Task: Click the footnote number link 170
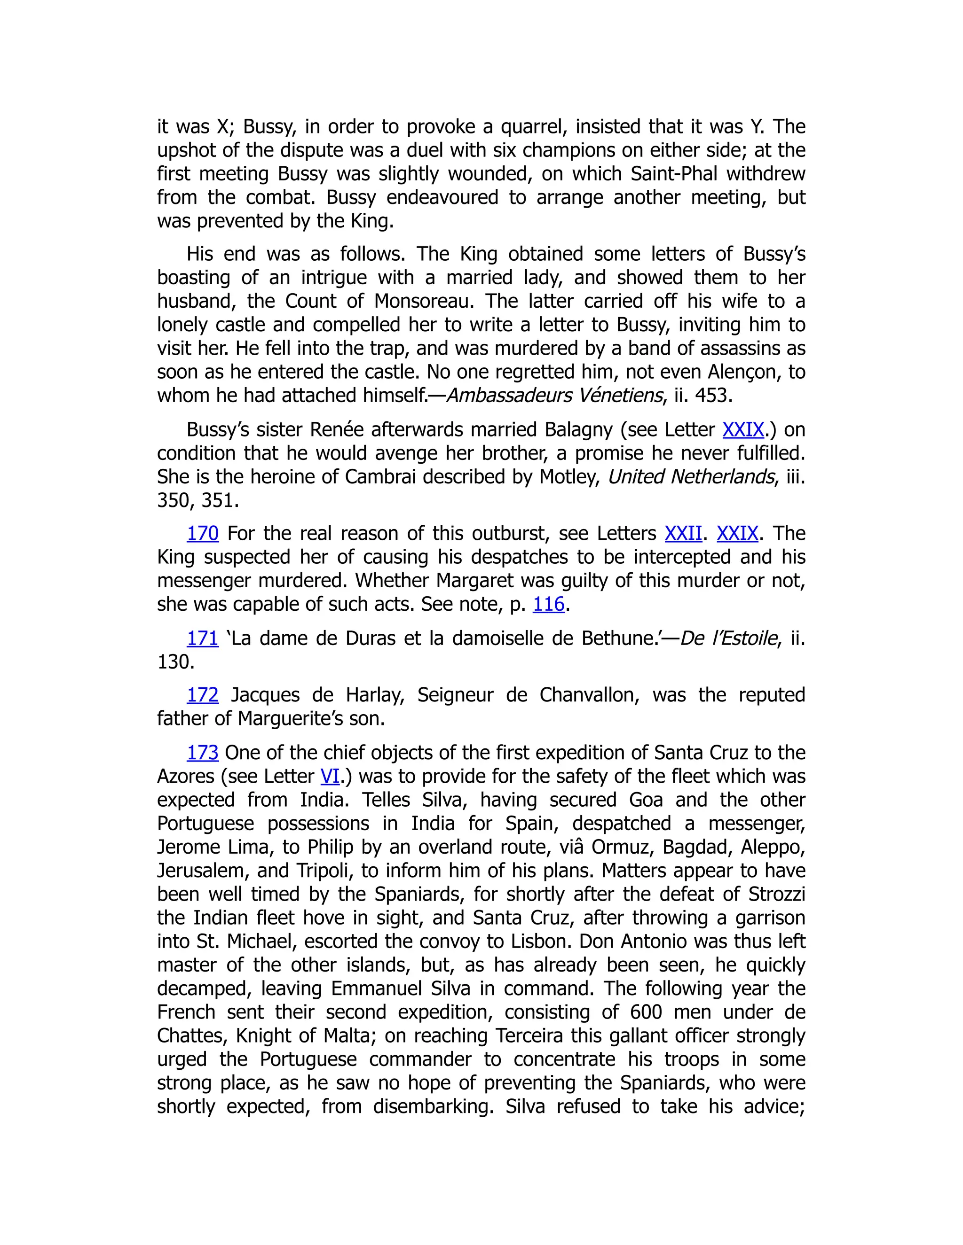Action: click(x=203, y=534)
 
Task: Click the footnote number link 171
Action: click(x=203, y=638)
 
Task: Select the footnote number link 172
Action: click(x=203, y=695)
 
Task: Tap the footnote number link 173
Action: click(x=203, y=753)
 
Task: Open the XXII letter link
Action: click(x=683, y=534)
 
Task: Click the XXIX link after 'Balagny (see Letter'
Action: click(x=743, y=429)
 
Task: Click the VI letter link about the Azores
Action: click(x=330, y=777)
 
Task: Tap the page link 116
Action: click(x=548, y=604)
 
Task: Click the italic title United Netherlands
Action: click(x=691, y=476)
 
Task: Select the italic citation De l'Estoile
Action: click(x=728, y=638)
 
